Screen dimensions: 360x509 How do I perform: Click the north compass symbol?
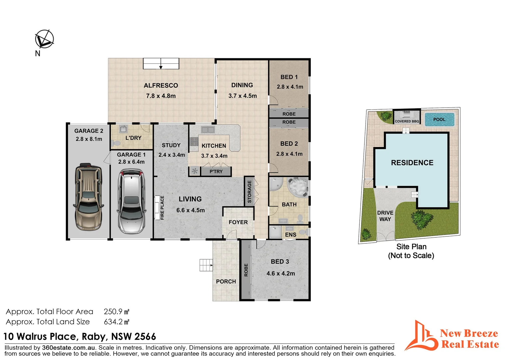(44, 39)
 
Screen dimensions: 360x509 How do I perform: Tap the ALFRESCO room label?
(161, 86)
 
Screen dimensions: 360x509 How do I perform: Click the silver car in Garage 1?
(132, 201)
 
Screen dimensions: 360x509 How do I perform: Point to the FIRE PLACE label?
(162, 208)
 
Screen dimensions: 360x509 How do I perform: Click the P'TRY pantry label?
(216, 172)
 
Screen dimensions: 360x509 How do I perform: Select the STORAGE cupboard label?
(250, 192)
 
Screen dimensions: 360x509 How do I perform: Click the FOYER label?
(238, 222)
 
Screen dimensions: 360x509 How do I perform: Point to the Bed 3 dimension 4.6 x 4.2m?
(280, 274)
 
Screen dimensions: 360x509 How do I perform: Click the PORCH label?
(226, 282)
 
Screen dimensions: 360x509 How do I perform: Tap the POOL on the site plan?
(439, 120)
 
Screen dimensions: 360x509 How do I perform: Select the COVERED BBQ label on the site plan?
(407, 121)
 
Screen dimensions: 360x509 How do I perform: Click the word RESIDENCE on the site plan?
(412, 163)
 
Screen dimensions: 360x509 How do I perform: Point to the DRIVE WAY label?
(385, 216)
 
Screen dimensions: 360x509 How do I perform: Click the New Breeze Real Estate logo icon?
(421, 336)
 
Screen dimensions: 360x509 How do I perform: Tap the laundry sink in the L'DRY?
(123, 129)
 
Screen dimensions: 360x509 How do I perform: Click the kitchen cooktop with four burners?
(194, 142)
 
